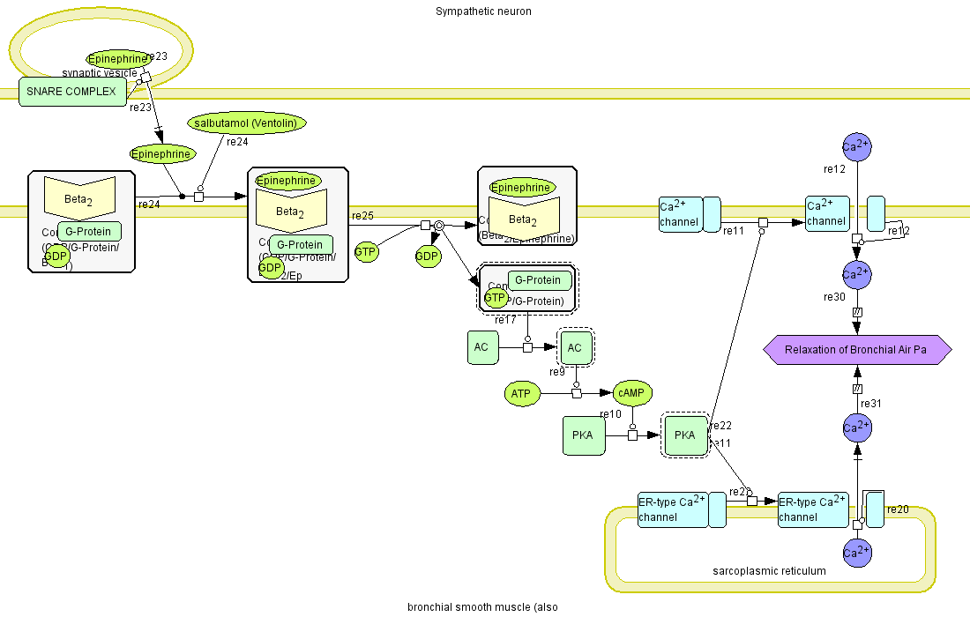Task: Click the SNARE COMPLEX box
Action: coord(72,92)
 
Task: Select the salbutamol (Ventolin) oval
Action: coord(247,123)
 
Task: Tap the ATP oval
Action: coord(522,394)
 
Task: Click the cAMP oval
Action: coord(631,393)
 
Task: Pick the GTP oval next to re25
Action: coord(366,252)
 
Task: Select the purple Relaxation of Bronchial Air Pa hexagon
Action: coord(856,350)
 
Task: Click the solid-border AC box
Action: coord(481,347)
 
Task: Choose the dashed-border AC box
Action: coord(575,347)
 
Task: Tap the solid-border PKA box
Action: coord(583,436)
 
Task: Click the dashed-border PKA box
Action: coord(685,435)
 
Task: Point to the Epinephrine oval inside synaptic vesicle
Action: coord(117,59)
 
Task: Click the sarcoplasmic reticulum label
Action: coord(769,571)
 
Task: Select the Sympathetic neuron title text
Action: coord(483,11)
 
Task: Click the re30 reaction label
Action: coord(834,297)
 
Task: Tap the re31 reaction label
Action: coord(871,404)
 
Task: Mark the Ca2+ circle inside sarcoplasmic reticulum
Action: coord(856,553)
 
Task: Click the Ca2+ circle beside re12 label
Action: coord(856,146)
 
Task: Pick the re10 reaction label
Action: coord(610,414)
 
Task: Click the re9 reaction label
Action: coord(557,372)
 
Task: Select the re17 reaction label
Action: coord(505,320)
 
